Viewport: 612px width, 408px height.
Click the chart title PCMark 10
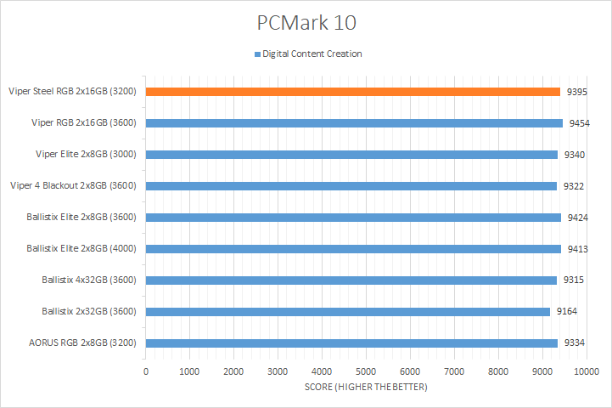(306, 20)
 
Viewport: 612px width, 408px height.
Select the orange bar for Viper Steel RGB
(352, 91)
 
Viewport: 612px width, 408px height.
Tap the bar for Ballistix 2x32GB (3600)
(347, 311)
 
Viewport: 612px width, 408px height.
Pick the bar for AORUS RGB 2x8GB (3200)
(351, 343)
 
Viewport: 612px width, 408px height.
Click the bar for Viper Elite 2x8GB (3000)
(351, 154)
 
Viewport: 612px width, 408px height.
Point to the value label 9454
(579, 123)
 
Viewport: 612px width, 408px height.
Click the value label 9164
(567, 311)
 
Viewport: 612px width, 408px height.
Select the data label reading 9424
(578, 217)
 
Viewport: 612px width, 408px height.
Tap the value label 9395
(578, 92)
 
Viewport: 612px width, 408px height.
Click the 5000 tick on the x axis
(366, 371)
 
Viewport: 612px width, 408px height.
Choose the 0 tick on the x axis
(146, 371)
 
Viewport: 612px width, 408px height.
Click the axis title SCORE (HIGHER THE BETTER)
(366, 388)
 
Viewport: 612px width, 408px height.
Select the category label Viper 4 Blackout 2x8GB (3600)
(74, 185)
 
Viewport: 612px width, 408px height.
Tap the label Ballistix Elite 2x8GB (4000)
(82, 248)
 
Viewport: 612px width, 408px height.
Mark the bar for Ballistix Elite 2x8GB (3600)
(353, 217)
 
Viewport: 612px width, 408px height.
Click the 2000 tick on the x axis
(234, 371)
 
